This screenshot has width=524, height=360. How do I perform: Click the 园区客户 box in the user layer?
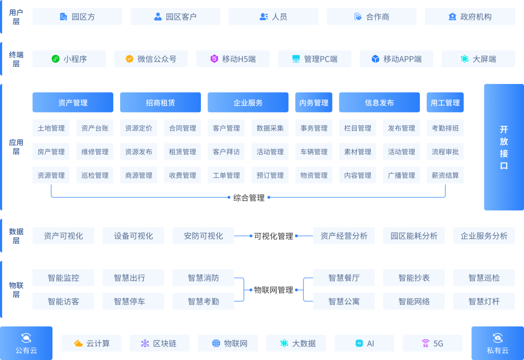175,17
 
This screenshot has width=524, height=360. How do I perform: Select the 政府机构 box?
470,17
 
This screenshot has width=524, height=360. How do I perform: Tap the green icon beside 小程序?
55,59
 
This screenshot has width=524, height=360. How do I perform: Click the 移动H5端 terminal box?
233,59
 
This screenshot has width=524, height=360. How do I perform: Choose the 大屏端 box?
478,59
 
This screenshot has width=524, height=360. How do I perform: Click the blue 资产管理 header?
73,103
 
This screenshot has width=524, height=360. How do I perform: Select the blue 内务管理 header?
314,103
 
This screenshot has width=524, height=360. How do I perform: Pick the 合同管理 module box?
183,128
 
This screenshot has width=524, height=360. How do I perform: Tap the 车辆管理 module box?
314,152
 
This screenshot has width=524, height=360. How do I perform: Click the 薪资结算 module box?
445,176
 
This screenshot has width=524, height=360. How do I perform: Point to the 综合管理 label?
249,197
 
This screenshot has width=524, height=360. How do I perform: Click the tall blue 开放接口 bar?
503,147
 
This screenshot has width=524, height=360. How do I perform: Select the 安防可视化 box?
203,236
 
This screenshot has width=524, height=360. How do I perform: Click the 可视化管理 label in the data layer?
273,236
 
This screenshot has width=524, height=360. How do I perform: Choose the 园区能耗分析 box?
414,236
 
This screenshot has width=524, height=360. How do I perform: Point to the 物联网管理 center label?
273,290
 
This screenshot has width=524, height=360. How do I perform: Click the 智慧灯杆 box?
484,301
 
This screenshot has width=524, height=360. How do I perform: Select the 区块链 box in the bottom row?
160,343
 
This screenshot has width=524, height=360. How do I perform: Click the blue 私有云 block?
498,343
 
